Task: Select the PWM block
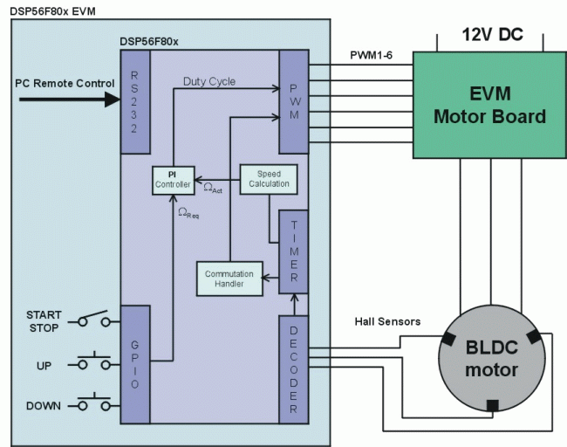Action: pos(293,101)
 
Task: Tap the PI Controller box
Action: pos(171,179)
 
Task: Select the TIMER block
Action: pos(293,251)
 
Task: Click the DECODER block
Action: pos(293,366)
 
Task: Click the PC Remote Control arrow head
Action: pos(113,99)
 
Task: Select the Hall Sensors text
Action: pos(387,322)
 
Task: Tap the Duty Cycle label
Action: pos(209,81)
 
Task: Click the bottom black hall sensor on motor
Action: pos(493,404)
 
